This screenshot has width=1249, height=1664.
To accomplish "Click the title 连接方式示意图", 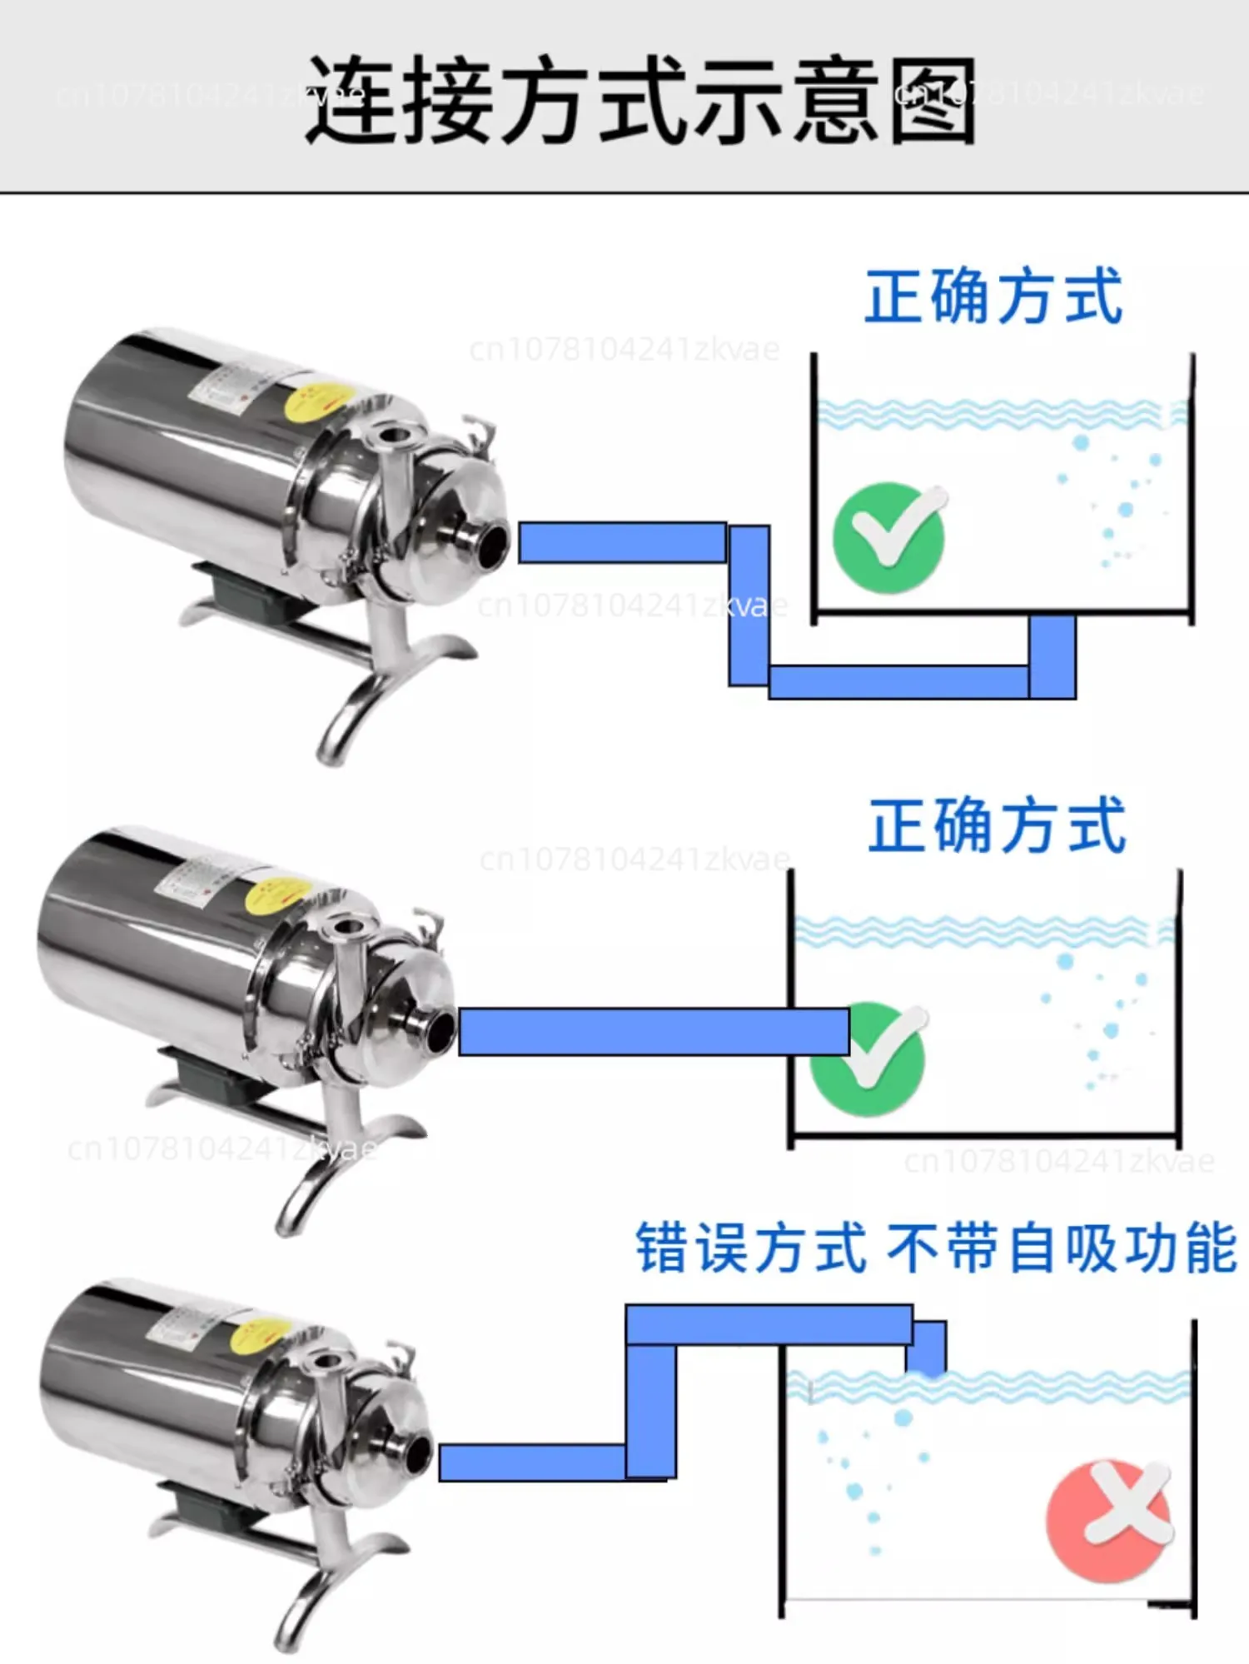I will point(639,100).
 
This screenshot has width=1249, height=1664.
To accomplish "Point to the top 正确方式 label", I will point(994,297).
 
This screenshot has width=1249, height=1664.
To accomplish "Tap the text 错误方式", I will point(751,1248).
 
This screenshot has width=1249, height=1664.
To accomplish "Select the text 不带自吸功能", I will point(1062,1248).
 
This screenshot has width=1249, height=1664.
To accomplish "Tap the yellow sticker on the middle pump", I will point(279,894).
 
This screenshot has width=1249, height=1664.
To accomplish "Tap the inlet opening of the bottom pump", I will point(416,1454).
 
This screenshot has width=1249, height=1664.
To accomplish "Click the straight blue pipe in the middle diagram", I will point(654,1032).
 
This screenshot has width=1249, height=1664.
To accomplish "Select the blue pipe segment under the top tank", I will point(899,682).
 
